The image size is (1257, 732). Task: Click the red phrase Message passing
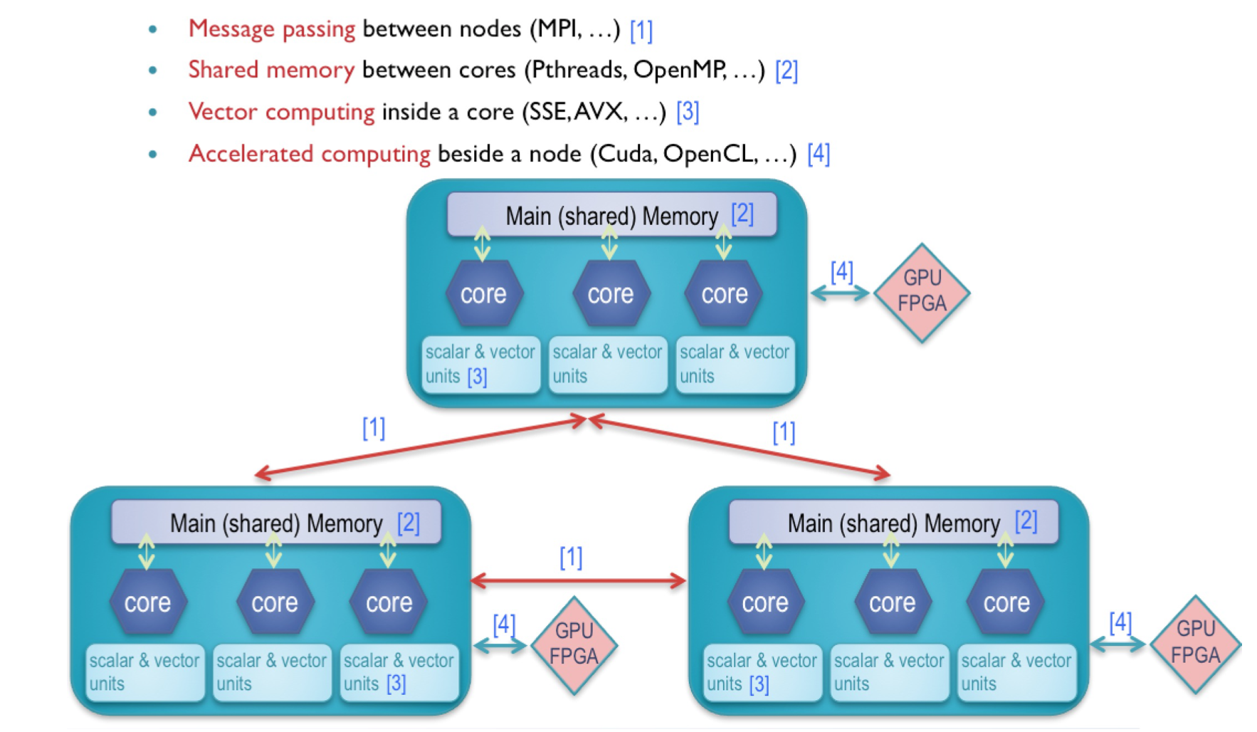pyautogui.click(x=271, y=29)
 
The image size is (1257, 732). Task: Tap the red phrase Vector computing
pyautogui.click(x=281, y=112)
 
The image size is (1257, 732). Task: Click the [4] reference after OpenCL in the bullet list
pyautogui.click(x=819, y=153)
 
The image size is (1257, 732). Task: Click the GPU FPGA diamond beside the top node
pyautogui.click(x=922, y=292)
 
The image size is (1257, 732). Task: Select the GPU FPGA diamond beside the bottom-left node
pyautogui.click(x=574, y=644)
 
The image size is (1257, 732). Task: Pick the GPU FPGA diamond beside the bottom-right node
pyautogui.click(x=1196, y=643)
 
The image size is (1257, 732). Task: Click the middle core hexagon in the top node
pyautogui.click(x=611, y=293)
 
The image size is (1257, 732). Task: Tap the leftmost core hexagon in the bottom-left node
pyautogui.click(x=147, y=602)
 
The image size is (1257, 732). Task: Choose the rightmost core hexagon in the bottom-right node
pyautogui.click(x=1006, y=602)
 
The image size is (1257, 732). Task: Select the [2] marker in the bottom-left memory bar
pyautogui.click(x=409, y=523)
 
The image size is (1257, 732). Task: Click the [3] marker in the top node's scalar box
pyautogui.click(x=477, y=376)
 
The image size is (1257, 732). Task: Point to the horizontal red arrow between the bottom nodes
pyautogui.click(x=578, y=581)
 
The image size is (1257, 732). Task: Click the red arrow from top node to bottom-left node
pyautogui.click(x=420, y=447)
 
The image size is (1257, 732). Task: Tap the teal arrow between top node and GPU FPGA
pyautogui.click(x=840, y=293)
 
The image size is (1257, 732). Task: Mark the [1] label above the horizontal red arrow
pyautogui.click(x=571, y=557)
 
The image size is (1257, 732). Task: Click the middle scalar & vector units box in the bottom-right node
pyautogui.click(x=889, y=671)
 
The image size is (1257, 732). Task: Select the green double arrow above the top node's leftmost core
pyautogui.click(x=482, y=244)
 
